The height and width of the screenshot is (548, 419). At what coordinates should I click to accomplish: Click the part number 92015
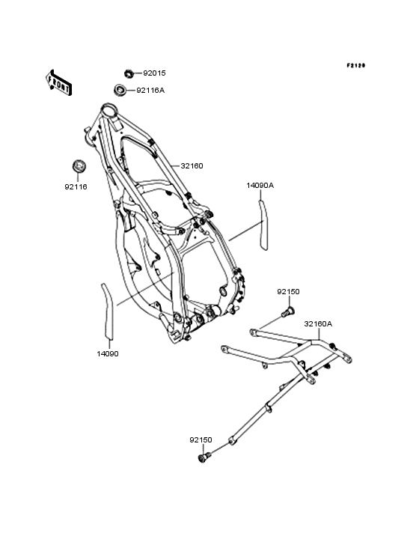point(154,73)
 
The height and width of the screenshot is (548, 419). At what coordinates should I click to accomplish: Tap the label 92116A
point(150,91)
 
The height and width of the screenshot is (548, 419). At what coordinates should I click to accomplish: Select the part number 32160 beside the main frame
point(192,166)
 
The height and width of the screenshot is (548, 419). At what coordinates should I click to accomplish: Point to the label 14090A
point(260,186)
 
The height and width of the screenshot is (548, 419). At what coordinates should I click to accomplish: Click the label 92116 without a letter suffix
point(76,187)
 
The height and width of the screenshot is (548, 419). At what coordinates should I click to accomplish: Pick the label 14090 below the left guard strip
point(108,354)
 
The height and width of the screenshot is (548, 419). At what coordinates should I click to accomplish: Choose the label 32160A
point(318,324)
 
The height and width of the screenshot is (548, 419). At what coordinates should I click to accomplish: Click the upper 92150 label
point(288,292)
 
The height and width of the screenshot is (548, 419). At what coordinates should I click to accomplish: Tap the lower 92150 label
point(201,440)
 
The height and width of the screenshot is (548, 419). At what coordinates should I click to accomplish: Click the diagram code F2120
point(356,65)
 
